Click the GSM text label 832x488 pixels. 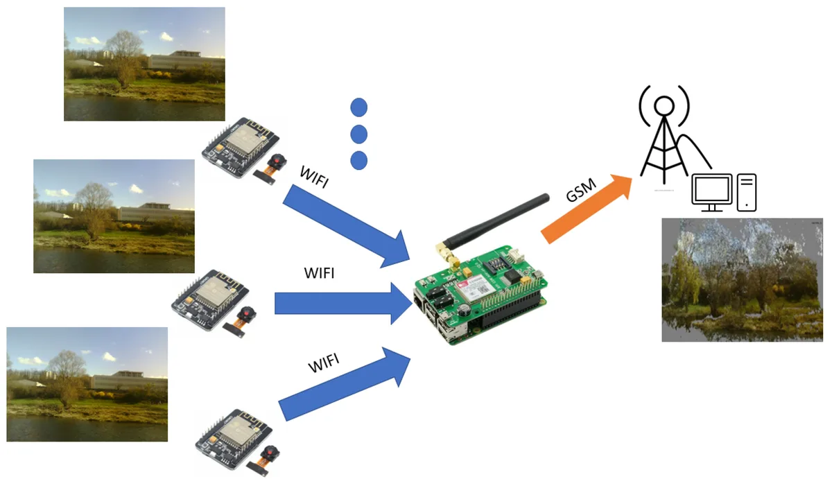tap(581, 190)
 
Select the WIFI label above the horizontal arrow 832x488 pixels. tap(319, 273)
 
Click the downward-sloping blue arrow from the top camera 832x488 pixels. tap(346, 227)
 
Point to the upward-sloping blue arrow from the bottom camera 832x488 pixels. tap(345, 384)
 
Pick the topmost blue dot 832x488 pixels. tap(359, 107)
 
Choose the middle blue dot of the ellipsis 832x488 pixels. tap(359, 134)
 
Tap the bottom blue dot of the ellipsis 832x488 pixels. tap(359, 160)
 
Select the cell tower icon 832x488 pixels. tap(665, 134)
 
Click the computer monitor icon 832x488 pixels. tap(711, 193)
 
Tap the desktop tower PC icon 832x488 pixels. tap(747, 193)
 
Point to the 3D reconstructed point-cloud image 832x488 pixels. tap(742, 279)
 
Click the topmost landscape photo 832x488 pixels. tap(144, 64)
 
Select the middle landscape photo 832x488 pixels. tap(114, 216)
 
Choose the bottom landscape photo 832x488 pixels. tap(87, 385)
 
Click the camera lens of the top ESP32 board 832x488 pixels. tap(277, 162)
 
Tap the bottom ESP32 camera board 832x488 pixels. tap(238, 442)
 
